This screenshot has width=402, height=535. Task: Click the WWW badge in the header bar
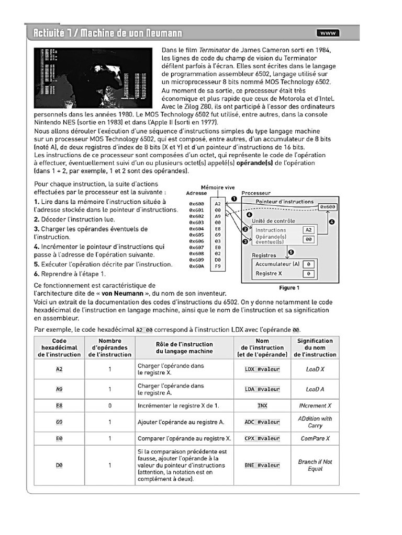coord(328,33)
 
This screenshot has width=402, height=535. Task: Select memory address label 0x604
coord(196,229)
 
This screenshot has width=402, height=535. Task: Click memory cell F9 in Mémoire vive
coord(218,266)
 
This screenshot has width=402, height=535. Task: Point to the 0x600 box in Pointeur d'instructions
coord(328,207)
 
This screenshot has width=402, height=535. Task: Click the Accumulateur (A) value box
coord(309,264)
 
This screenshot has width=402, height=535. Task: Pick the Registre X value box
coord(309,273)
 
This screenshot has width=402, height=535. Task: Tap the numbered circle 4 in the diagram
coord(331,222)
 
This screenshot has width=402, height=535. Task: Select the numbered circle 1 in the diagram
coord(234,199)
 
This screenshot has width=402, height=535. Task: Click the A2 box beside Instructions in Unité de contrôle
coord(309,230)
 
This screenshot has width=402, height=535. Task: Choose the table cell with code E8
coord(59,405)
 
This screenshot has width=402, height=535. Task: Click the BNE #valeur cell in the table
coord(262,465)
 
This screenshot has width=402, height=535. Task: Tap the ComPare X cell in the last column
coord(315,438)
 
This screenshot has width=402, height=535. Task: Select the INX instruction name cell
coord(262,405)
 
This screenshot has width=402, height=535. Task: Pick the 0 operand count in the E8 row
coord(110,405)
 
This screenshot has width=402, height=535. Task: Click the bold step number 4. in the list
coord(37,246)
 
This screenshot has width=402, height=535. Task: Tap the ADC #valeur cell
coord(262,422)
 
